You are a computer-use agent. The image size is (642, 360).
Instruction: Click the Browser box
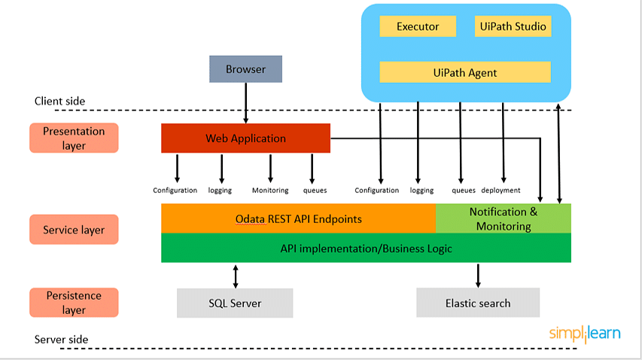click(245, 69)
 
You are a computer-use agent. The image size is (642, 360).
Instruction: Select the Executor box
click(418, 26)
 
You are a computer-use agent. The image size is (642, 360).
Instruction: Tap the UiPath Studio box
click(513, 26)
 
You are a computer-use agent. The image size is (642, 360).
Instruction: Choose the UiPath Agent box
click(465, 72)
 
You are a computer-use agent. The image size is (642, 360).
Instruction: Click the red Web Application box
click(245, 138)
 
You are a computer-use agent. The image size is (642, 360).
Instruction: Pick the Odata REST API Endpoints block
click(299, 218)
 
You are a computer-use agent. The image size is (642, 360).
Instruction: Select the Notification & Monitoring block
click(504, 218)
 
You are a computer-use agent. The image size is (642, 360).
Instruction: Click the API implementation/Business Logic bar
click(366, 248)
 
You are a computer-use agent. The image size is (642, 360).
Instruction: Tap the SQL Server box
click(235, 303)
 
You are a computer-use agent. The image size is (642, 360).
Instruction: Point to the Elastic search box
click(478, 303)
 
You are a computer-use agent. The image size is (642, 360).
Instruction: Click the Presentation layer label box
click(74, 138)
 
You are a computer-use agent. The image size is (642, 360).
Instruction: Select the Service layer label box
click(74, 230)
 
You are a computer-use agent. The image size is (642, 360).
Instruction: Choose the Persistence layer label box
click(74, 302)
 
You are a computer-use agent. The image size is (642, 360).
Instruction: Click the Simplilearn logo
click(585, 334)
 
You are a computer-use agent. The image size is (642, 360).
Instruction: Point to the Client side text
click(59, 101)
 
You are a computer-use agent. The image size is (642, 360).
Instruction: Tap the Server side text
click(62, 340)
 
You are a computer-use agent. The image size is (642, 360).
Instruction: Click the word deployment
click(501, 191)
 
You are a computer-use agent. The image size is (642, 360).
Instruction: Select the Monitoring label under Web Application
click(270, 191)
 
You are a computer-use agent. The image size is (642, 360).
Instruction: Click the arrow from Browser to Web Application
click(245, 102)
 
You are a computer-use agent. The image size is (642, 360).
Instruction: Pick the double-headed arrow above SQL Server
click(236, 276)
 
